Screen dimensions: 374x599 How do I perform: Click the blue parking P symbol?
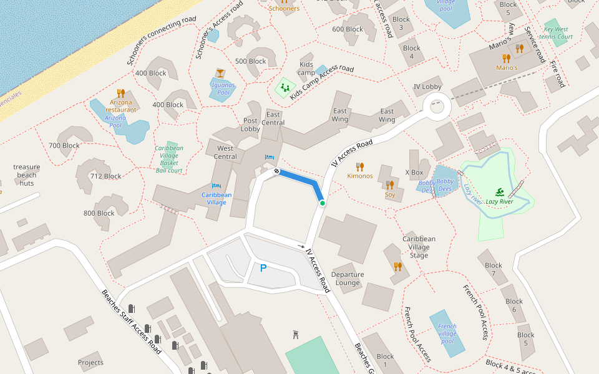click(x=263, y=268)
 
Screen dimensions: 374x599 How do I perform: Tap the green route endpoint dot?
click(x=322, y=203)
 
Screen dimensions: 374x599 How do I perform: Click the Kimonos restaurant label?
click(x=360, y=176)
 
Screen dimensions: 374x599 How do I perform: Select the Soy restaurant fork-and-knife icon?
click(x=389, y=185)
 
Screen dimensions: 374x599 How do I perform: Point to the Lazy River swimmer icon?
click(x=500, y=192)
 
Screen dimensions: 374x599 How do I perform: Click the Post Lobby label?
click(x=251, y=125)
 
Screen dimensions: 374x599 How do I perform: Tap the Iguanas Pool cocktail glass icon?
click(x=220, y=74)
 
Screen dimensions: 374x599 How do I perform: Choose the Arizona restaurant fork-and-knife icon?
click(x=121, y=93)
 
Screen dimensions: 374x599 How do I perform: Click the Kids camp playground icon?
click(x=285, y=87)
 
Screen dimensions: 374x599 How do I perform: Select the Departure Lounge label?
click(x=348, y=279)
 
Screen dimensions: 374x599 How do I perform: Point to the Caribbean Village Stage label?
click(x=419, y=247)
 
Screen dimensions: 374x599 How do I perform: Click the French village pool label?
click(x=447, y=333)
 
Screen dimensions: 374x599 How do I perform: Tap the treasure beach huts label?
click(x=27, y=175)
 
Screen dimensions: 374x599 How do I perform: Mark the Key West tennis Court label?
click(x=556, y=33)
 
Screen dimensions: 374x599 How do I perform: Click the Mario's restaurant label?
click(x=507, y=67)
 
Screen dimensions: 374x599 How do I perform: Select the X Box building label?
click(x=414, y=173)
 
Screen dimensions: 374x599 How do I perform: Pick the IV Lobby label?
click(x=427, y=87)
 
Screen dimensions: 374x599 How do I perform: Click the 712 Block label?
click(x=105, y=176)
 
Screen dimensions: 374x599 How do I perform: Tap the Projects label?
click(x=90, y=362)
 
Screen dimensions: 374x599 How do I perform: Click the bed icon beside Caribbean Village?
click(x=216, y=185)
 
